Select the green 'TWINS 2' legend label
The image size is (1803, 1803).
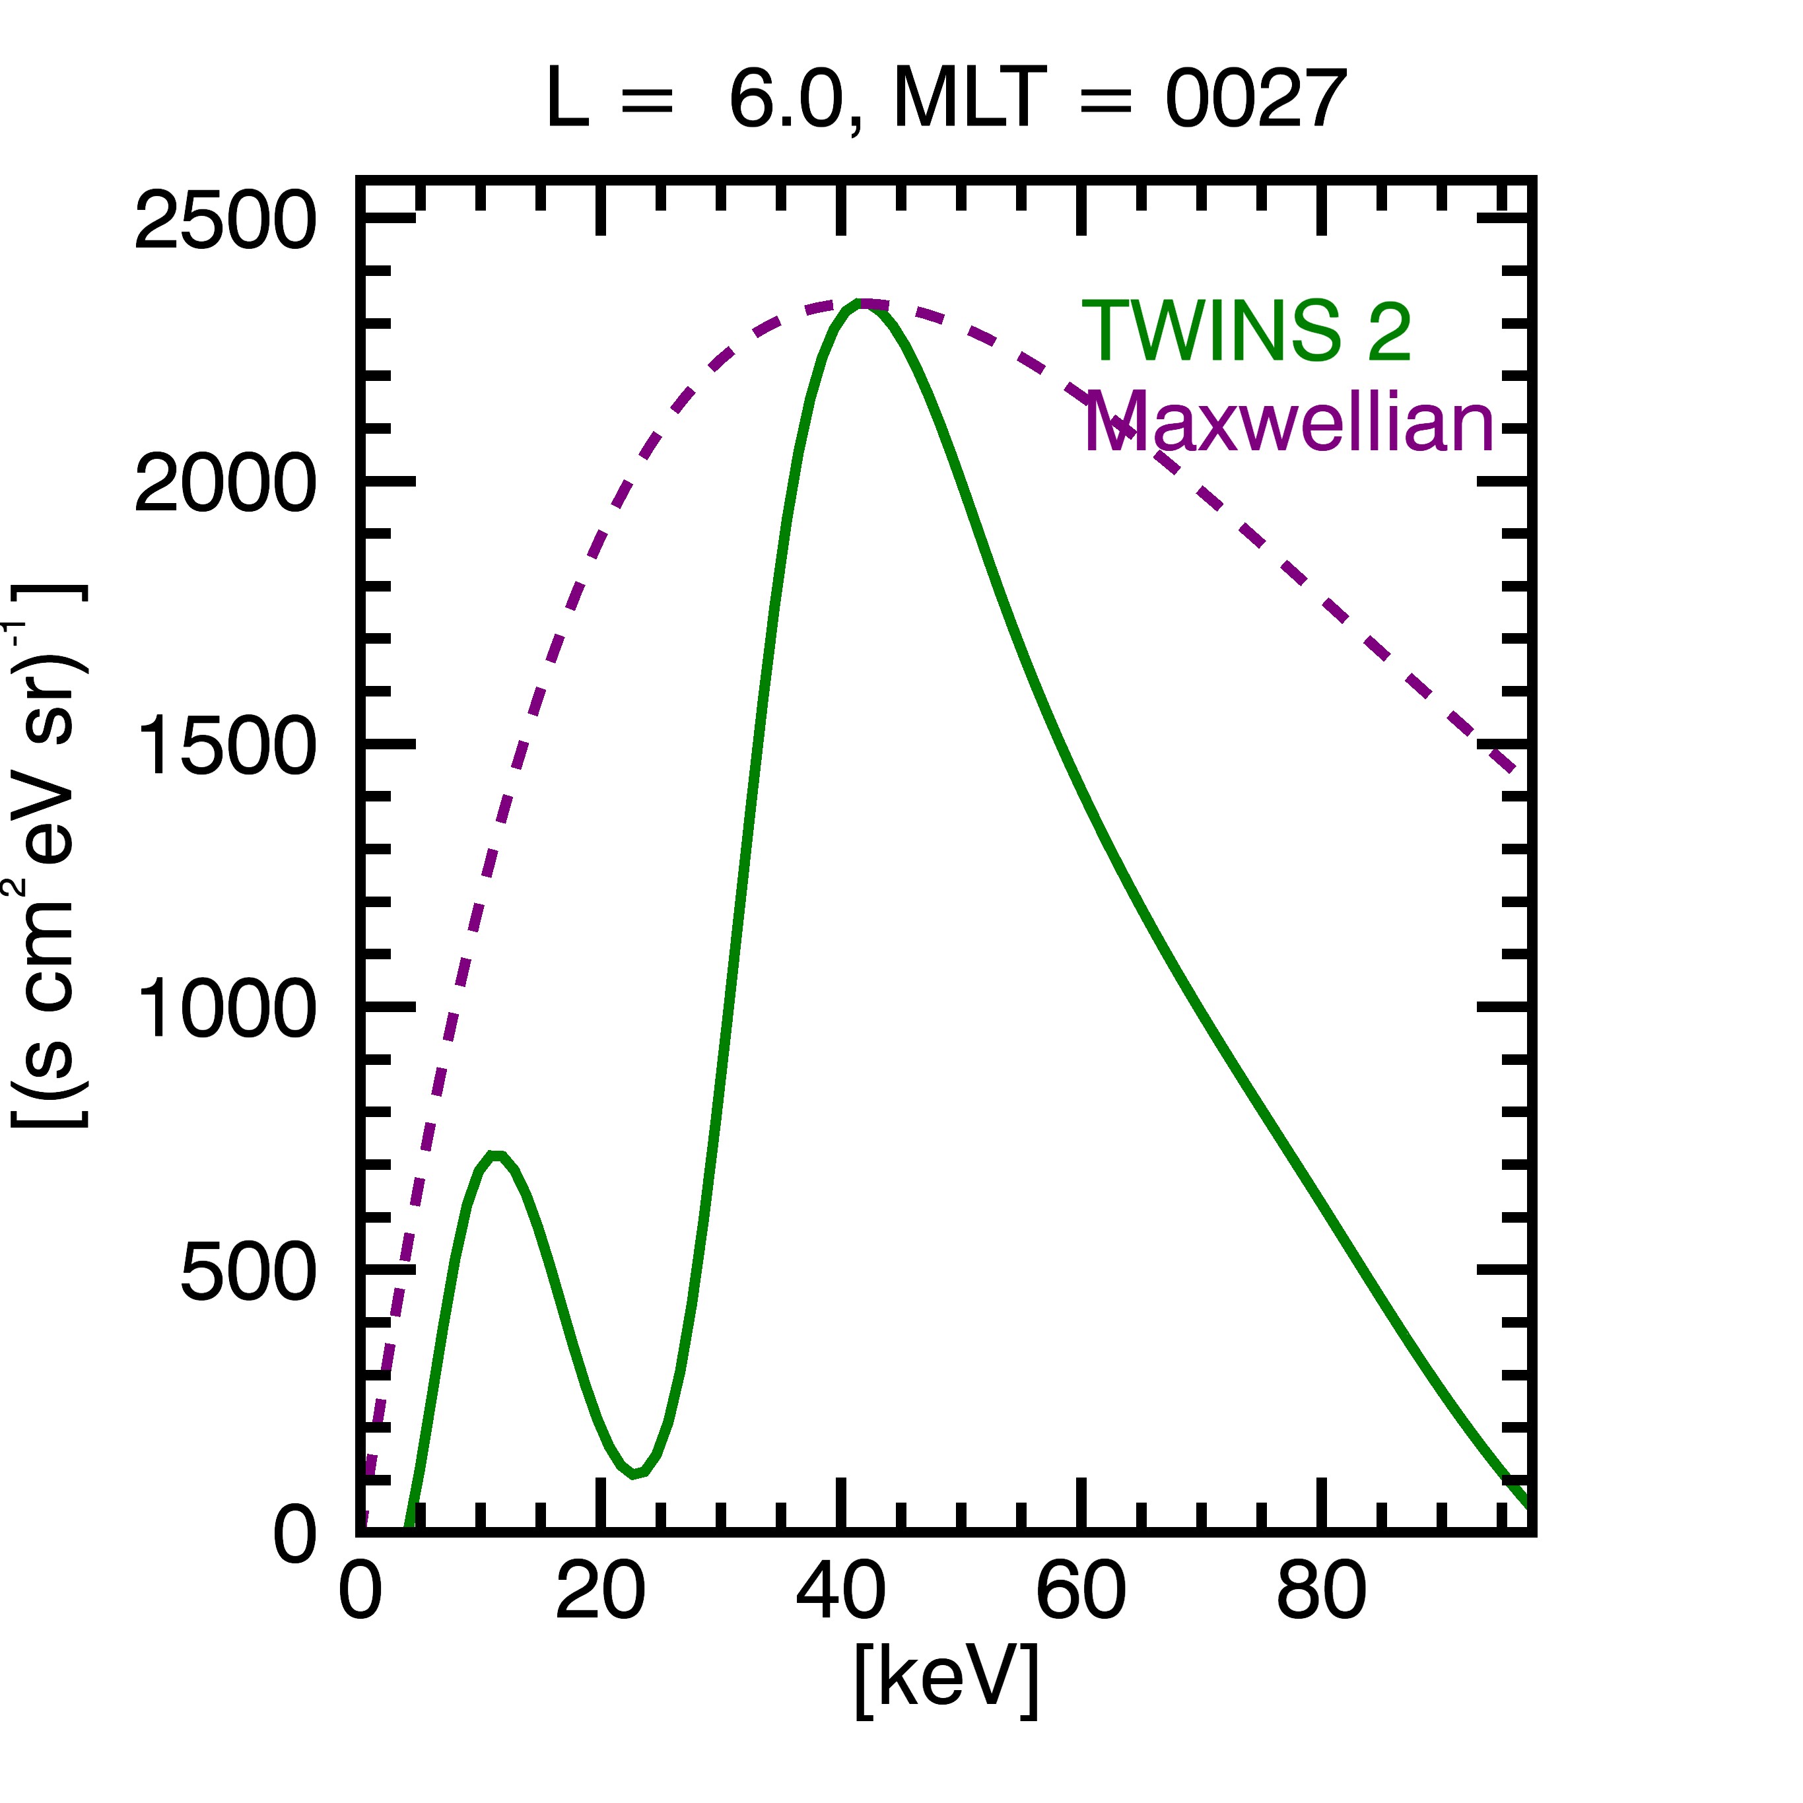click(x=1246, y=331)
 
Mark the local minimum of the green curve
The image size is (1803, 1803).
click(x=634, y=1474)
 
